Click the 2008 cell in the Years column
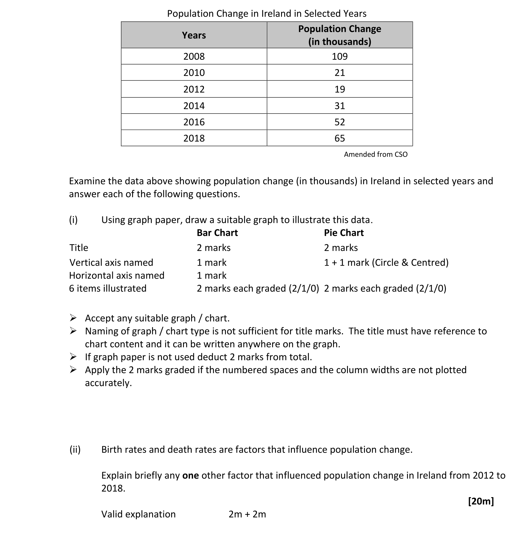[x=194, y=56]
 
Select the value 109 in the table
[x=339, y=56]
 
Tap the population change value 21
[x=339, y=73]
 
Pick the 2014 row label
[x=194, y=106]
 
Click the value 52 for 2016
[x=339, y=122]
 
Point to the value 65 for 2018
[x=339, y=138]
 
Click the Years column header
[x=194, y=35]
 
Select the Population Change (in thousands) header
[x=339, y=35]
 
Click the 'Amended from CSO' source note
[x=376, y=154]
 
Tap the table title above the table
[x=267, y=14]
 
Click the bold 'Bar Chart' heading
[x=217, y=233]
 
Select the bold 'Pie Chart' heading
[x=344, y=233]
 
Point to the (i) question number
[x=73, y=220]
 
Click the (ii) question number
[x=75, y=449]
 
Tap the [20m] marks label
[x=481, y=501]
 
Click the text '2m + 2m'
[x=247, y=514]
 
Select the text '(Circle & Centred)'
[x=410, y=262]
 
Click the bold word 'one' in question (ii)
[x=191, y=475]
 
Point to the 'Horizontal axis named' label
[x=117, y=275]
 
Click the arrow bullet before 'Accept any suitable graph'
[x=73, y=318]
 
